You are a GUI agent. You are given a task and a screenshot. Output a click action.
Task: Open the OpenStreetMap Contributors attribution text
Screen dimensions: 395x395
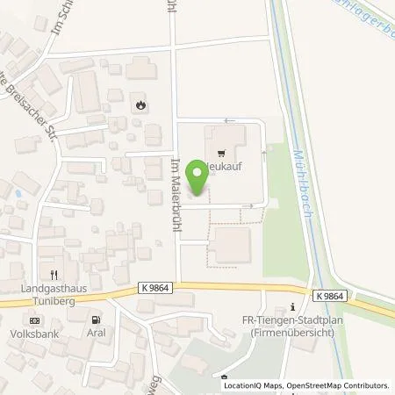(336, 385)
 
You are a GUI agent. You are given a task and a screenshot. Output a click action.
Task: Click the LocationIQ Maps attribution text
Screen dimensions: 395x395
(254, 385)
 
